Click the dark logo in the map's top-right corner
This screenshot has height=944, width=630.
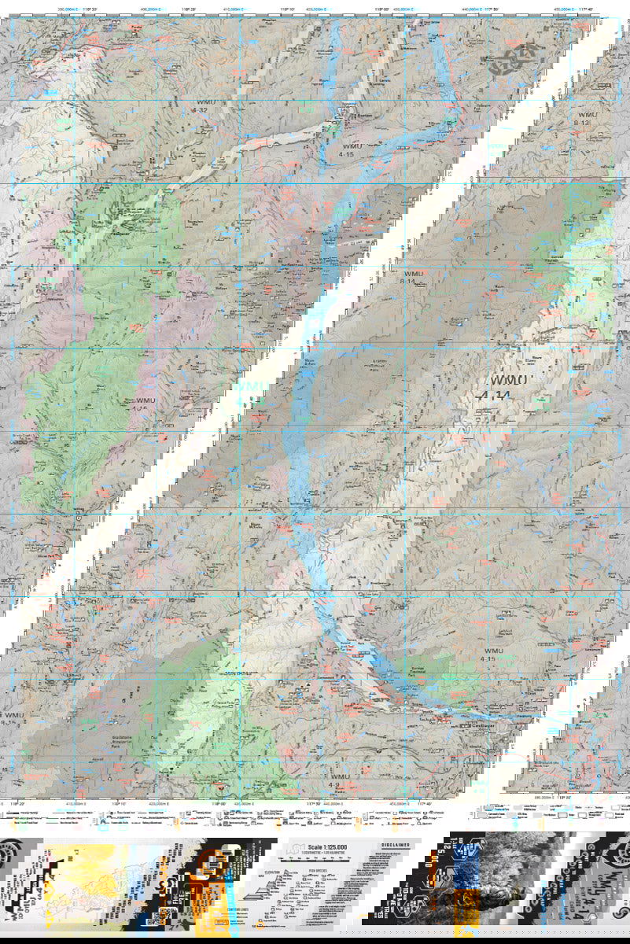pos(516,58)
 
